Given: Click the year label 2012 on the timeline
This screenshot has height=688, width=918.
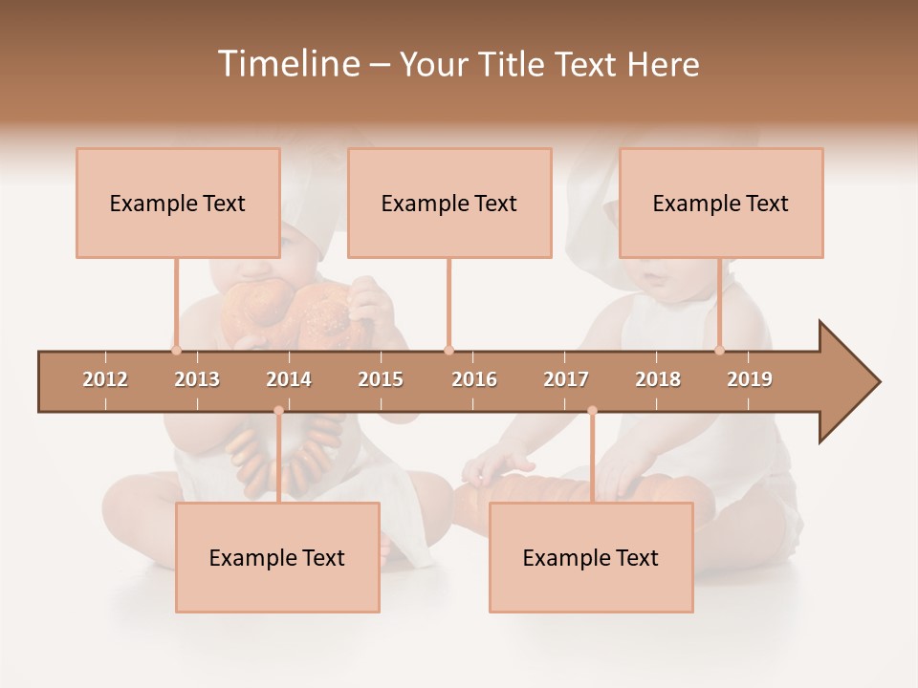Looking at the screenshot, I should (105, 379).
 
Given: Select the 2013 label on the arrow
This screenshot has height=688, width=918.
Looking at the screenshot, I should (197, 379).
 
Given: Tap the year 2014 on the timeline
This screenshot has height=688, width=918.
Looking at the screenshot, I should (289, 379).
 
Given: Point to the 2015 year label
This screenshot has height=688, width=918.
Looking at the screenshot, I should (381, 379).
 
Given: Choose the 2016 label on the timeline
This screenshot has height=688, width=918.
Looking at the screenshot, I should (474, 379).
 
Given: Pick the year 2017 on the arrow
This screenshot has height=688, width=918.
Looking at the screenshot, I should (566, 379).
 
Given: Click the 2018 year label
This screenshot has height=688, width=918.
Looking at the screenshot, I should (658, 379).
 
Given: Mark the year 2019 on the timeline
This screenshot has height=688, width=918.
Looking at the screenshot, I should (750, 379).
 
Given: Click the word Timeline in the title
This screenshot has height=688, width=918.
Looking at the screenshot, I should (287, 64).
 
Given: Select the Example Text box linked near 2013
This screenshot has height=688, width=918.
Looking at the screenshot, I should (178, 203).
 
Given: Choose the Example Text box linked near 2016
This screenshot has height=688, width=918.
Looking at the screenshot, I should (449, 203).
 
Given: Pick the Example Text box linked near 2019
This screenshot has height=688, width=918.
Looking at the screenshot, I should (721, 203).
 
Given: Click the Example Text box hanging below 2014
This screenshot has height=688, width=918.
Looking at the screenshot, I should (277, 557).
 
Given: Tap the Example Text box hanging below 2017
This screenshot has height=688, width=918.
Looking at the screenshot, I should (591, 557).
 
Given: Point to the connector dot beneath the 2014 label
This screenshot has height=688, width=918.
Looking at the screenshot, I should (278, 410).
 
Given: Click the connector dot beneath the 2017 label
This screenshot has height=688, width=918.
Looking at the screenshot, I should (592, 410).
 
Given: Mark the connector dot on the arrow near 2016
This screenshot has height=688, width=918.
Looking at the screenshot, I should (448, 350).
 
